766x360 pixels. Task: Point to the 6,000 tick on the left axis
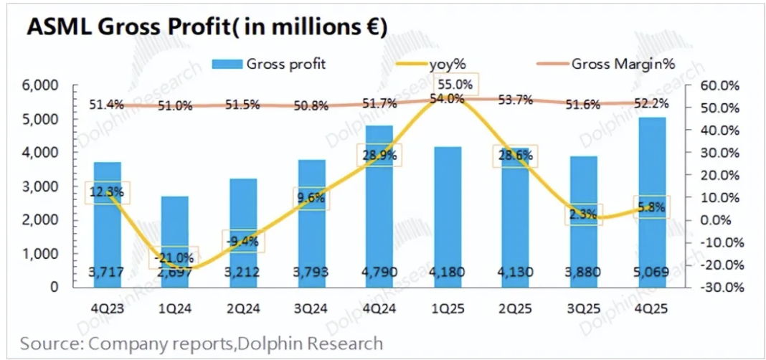click(x=42, y=85)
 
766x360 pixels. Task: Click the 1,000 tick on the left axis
click(x=42, y=254)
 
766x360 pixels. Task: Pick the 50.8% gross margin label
click(x=310, y=106)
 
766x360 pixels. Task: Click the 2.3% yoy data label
click(x=582, y=213)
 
